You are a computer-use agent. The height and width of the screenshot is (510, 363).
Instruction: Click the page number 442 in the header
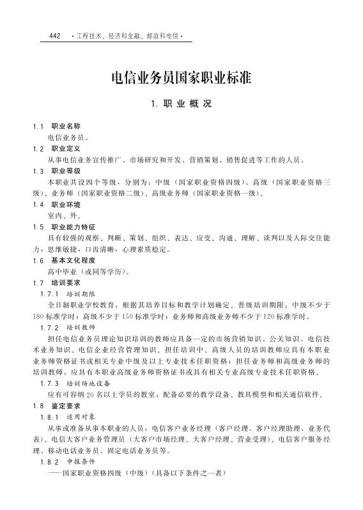(x=54, y=36)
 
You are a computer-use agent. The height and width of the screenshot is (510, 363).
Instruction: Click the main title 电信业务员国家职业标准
(x=181, y=79)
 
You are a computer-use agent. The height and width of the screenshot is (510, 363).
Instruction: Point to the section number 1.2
(x=38, y=148)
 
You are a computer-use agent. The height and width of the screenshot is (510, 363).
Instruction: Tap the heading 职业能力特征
(x=73, y=227)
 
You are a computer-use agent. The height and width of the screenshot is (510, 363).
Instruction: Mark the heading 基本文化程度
(x=73, y=261)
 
